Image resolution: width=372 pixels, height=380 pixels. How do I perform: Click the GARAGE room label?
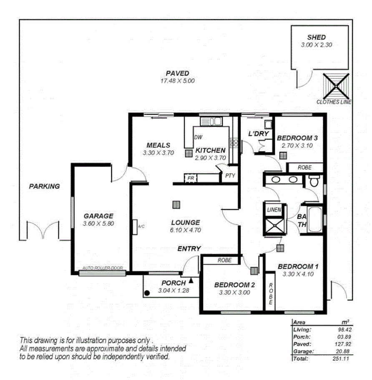click(x=98, y=216)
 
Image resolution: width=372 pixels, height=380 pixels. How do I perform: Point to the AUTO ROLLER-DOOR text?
click(x=102, y=268)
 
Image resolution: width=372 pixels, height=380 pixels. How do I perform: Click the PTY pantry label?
click(x=230, y=176)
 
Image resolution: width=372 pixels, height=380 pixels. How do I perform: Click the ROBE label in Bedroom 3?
click(x=304, y=167)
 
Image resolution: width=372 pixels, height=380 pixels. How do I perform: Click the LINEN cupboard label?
click(x=274, y=210)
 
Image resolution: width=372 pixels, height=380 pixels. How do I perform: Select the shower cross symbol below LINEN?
click(x=274, y=227)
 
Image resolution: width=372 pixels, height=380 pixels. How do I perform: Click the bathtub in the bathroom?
click(x=315, y=219)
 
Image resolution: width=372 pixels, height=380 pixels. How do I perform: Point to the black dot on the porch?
click(x=147, y=293)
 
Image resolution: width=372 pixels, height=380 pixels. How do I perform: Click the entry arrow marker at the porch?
click(x=191, y=281)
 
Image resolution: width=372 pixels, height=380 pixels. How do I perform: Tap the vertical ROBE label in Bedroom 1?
click(x=270, y=294)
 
